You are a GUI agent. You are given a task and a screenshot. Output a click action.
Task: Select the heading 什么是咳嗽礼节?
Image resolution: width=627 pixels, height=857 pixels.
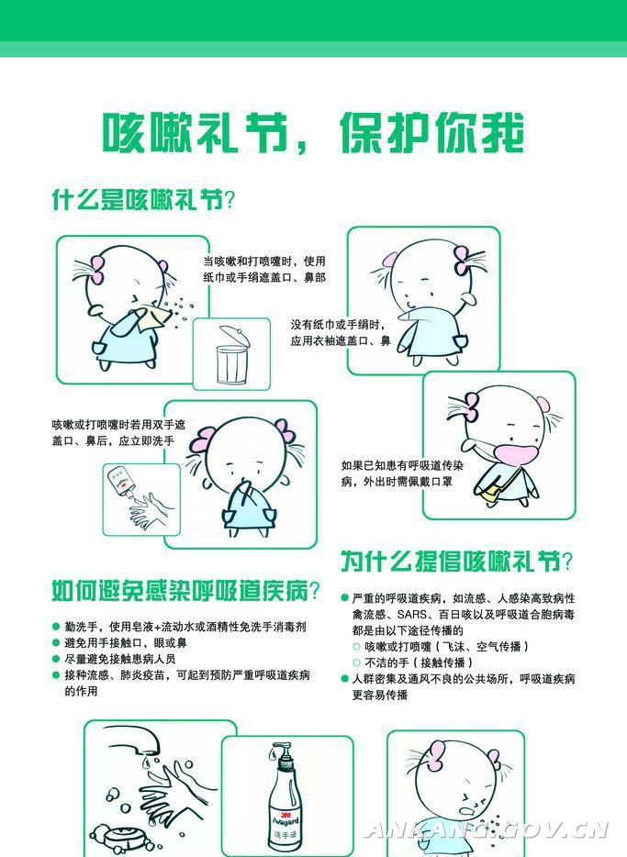pyautogui.click(x=143, y=200)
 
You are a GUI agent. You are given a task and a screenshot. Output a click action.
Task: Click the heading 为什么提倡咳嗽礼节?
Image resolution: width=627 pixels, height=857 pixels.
pyautogui.click(x=457, y=562)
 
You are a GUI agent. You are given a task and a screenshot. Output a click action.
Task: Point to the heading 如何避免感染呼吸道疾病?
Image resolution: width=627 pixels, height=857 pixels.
pyautogui.click(x=185, y=590)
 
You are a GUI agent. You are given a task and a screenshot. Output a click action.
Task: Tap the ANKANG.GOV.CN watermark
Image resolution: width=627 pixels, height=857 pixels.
pyautogui.click(x=487, y=830)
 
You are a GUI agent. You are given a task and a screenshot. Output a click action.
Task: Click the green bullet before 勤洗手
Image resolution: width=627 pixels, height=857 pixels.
pyautogui.click(x=56, y=627)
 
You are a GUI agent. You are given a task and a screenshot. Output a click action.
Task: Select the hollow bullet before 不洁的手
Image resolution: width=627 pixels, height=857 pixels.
pyautogui.click(x=357, y=663)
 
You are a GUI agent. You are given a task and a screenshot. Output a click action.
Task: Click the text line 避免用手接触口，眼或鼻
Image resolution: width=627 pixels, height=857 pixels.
pyautogui.click(x=126, y=642)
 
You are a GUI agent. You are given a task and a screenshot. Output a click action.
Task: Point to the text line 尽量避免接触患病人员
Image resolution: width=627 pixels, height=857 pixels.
pyautogui.click(x=120, y=659)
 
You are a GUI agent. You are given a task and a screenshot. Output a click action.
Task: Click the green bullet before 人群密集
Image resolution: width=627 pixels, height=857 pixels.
pyautogui.click(x=344, y=679)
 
